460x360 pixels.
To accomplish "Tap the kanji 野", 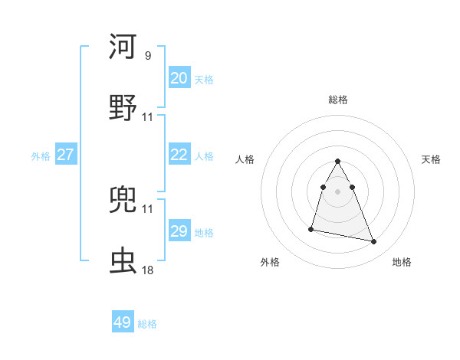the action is (x=123, y=106).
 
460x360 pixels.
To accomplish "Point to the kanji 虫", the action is (x=123, y=260).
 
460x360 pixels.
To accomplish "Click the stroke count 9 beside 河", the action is (x=148, y=56).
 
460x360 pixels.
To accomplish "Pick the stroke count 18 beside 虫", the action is (x=148, y=270).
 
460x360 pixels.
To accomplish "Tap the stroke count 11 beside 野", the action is (x=148, y=117).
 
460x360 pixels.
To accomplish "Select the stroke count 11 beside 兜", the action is (x=148, y=208).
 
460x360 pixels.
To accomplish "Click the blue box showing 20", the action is (x=179, y=78).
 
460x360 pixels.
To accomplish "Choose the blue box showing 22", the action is (x=179, y=155).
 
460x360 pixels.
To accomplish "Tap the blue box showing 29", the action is (x=179, y=231).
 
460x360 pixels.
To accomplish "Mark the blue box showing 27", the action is (x=66, y=155).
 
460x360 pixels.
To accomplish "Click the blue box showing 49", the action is (x=123, y=322).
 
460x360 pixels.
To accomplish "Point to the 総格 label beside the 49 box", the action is (x=148, y=324).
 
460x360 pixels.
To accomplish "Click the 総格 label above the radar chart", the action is (x=338, y=100).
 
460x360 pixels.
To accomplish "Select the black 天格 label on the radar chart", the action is (x=432, y=159).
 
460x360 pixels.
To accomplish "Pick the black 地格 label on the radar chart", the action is (x=402, y=263).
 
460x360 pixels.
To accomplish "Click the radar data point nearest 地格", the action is (x=374, y=242).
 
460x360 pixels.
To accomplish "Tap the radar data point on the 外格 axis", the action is (x=311, y=228).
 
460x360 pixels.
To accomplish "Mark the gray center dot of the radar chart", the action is (x=338, y=191).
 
